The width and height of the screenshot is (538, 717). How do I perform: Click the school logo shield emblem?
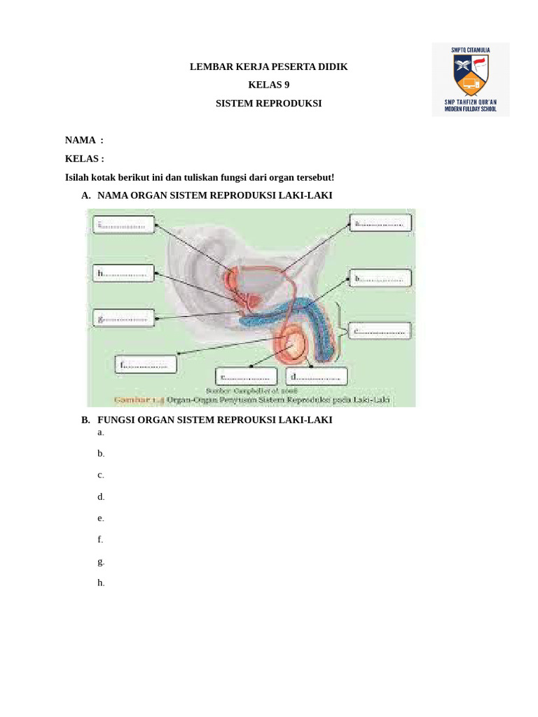coord(471,76)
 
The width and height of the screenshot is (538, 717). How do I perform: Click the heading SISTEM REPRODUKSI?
coord(268,103)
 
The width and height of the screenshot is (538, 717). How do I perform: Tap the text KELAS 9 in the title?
coord(268,85)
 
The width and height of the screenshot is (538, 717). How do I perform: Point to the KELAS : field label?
coord(84,159)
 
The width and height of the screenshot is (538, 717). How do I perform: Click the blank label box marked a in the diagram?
coord(380,223)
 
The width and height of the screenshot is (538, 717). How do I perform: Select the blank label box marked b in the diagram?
coord(380,278)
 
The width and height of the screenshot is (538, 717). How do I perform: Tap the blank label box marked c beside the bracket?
coord(380,331)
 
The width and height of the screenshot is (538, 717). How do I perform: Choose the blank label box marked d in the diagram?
coord(317,376)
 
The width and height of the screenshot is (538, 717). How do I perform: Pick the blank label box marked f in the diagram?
coord(146,364)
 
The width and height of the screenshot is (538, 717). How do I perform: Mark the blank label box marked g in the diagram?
coord(123,318)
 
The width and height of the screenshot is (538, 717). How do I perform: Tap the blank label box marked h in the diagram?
coord(123,273)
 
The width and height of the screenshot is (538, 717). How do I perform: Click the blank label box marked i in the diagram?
coord(123,225)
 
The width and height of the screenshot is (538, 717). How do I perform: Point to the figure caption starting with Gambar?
coord(252,401)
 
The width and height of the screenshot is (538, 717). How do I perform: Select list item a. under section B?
coord(101,432)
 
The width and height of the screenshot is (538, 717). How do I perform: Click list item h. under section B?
coord(101,583)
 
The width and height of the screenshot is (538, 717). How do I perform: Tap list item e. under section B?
coord(101,518)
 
